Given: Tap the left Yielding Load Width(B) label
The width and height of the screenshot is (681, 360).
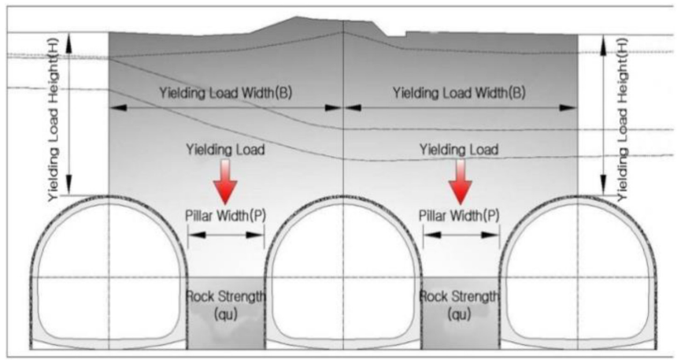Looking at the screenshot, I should pos(225,93).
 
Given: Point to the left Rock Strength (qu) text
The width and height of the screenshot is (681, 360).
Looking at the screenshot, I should pos(226,305).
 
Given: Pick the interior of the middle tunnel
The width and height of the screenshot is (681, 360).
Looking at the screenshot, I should pos(343,276).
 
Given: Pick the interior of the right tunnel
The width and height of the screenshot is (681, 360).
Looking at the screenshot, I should pos(578,276).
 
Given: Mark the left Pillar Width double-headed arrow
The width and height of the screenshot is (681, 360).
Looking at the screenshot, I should pos(226,235).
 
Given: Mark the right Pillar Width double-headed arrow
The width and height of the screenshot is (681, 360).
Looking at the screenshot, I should pos(461,235).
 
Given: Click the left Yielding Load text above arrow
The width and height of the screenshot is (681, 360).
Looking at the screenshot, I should pos(225,148).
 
